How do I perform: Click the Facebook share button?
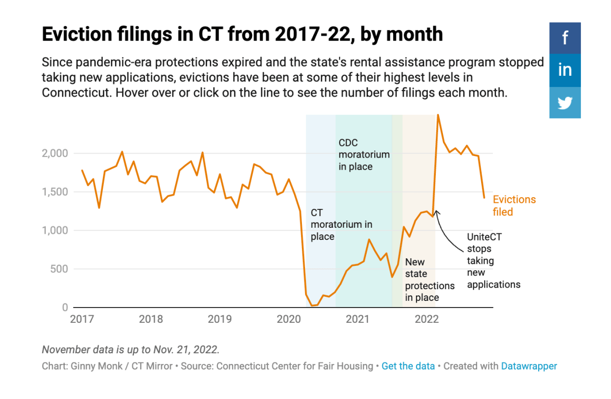[x=565, y=38]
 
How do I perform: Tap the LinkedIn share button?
[x=565, y=70]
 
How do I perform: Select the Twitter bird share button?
[x=565, y=103]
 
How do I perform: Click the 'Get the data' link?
[x=408, y=366]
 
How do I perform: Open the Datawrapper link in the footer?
[x=529, y=366]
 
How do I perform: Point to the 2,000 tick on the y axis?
[x=53, y=154]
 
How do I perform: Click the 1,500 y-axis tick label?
[x=53, y=192]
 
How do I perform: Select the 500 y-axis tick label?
[x=58, y=269]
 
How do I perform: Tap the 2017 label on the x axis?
[x=81, y=319]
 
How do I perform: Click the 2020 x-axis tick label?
[x=289, y=319]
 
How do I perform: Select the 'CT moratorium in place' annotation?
[x=341, y=224]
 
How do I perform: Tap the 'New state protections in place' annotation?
[x=429, y=280]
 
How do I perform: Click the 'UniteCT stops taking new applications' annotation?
[x=493, y=261]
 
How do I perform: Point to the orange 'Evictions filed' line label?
[x=514, y=205]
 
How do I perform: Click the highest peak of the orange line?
[x=438, y=115]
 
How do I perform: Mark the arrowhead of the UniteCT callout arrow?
[x=436, y=212]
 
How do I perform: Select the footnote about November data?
[x=130, y=350]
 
